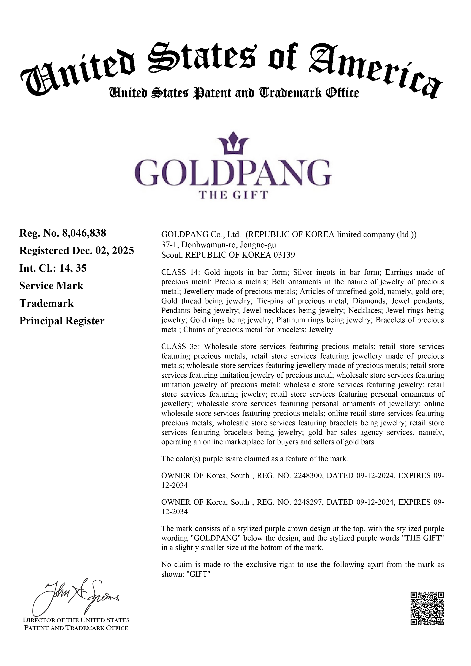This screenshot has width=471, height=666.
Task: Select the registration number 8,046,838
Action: tap(84, 233)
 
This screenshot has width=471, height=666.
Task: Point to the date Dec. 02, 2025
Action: tap(103, 250)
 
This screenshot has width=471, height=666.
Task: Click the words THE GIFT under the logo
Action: tap(233, 195)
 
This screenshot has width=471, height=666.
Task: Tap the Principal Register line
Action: tap(62, 321)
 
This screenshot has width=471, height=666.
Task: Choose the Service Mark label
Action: tap(51, 286)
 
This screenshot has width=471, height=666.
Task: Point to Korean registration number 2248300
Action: tap(308, 476)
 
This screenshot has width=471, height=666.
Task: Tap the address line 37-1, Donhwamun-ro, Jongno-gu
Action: tap(218, 245)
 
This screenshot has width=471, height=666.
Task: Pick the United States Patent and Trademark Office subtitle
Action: tap(234, 93)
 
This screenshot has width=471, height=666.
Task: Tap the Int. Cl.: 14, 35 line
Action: tap(53, 268)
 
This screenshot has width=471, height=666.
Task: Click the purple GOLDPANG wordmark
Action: tap(233, 173)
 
